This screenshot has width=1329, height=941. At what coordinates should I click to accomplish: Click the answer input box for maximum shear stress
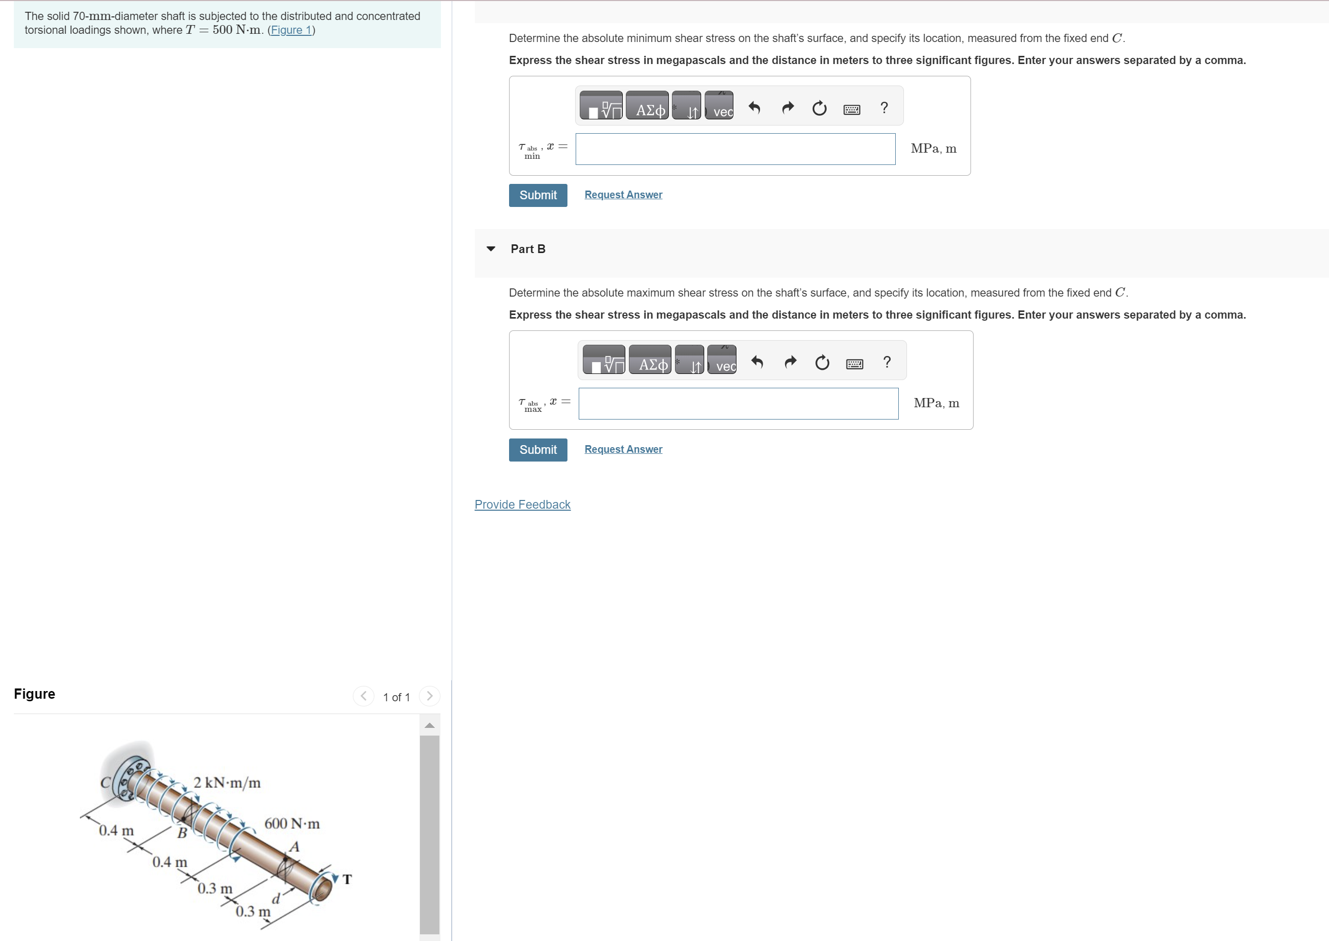point(737,403)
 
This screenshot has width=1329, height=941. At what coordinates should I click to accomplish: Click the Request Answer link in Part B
point(623,449)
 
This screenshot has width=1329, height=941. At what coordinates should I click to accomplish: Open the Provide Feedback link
point(522,504)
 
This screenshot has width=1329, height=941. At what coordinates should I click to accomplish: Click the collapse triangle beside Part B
point(491,248)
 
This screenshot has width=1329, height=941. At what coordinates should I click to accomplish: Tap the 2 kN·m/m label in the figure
point(226,783)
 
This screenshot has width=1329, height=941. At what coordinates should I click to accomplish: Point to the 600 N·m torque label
point(291,823)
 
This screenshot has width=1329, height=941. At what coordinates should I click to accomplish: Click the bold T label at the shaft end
point(347,879)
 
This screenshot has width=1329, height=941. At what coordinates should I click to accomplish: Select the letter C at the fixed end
point(105,783)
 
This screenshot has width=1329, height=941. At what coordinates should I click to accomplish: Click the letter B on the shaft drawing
point(181,833)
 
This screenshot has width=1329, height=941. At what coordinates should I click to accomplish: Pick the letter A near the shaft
point(294,847)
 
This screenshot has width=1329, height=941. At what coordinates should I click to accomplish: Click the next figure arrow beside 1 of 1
point(429,696)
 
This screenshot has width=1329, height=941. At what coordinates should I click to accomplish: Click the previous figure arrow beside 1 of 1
point(363,696)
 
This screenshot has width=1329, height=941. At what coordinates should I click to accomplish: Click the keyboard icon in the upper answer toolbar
point(851,109)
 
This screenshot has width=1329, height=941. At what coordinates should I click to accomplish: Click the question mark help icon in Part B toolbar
point(887,362)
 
